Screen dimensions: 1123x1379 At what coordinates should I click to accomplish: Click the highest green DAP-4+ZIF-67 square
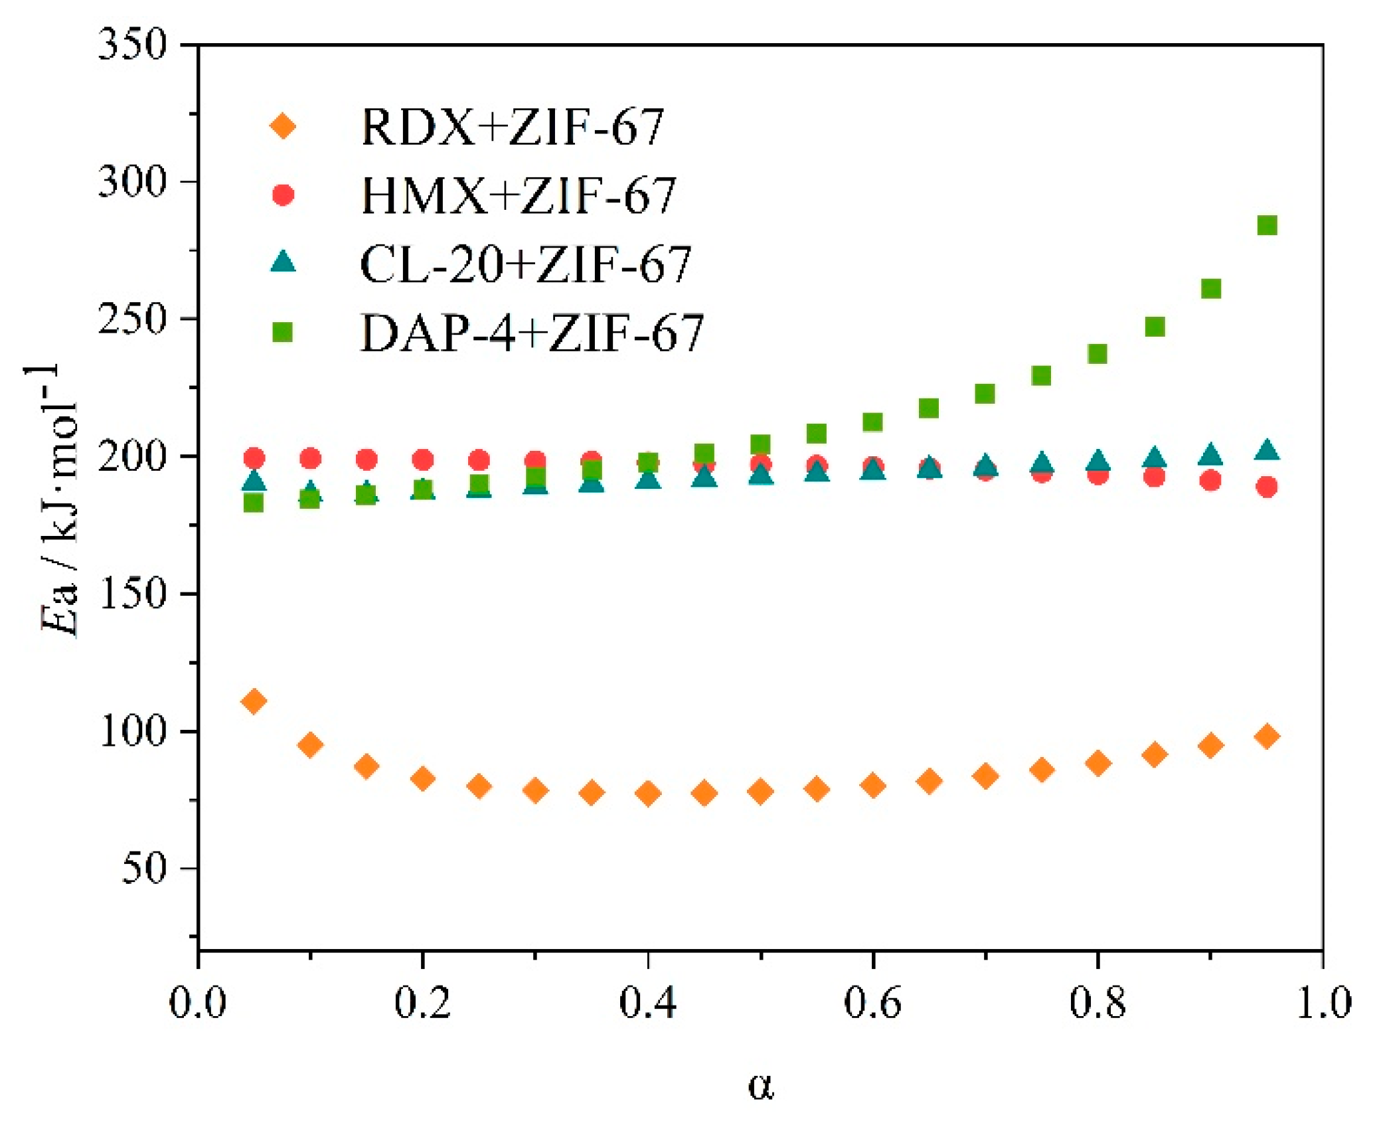(1266, 225)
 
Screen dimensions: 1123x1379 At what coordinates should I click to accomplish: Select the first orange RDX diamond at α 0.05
(254, 701)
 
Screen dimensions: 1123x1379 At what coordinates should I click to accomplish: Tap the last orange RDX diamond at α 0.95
(1266, 736)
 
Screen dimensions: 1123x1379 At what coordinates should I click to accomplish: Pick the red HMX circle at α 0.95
(1266, 487)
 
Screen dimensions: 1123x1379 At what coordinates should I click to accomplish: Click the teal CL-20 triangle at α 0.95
(1266, 450)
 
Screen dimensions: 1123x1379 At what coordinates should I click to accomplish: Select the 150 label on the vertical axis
(131, 593)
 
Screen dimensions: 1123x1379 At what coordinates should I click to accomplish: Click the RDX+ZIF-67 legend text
(511, 126)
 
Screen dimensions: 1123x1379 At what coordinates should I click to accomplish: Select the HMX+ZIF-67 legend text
(518, 195)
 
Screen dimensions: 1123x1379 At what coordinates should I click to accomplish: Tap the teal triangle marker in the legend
(283, 261)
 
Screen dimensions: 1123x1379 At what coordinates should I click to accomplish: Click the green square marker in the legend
(283, 331)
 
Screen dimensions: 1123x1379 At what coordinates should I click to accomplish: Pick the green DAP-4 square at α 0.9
(1210, 288)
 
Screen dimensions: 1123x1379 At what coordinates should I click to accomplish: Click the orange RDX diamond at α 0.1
(310, 744)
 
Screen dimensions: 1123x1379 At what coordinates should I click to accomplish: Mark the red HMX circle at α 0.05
(254, 458)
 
